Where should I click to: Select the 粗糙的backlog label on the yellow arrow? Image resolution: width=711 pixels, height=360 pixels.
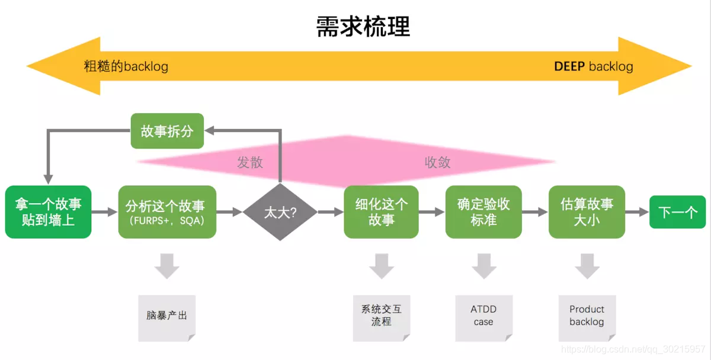coord(126,66)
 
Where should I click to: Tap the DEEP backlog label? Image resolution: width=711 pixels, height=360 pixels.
coord(593,66)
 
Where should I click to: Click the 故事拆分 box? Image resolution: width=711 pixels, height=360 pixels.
coord(166,131)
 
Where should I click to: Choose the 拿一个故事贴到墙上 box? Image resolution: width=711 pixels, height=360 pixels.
coord(48,212)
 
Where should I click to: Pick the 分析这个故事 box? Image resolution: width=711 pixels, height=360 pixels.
coord(167,212)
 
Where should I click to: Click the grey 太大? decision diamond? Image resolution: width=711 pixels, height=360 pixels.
coord(281,212)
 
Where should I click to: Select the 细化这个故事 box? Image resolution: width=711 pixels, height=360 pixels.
coord(381,212)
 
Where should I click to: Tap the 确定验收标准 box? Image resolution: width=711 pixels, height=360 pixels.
coord(483,212)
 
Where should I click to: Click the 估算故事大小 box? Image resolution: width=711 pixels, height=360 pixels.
coord(587,212)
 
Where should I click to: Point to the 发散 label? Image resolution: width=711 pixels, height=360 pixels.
coord(250,162)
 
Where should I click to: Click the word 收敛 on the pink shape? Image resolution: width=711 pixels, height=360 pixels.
coord(437,162)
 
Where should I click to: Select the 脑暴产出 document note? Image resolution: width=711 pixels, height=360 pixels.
coord(166,317)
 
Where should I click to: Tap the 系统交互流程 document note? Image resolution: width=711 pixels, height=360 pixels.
coord(381,317)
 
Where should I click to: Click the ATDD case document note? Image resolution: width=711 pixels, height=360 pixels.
coord(483,317)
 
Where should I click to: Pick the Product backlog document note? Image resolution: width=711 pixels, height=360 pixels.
coord(587,317)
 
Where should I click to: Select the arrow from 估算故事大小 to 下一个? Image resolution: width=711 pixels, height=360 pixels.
coord(637,212)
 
